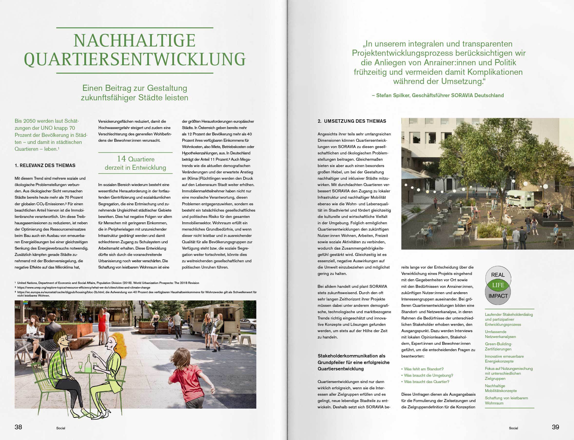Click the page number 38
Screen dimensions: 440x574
(18, 427)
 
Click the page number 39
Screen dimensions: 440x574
(555, 427)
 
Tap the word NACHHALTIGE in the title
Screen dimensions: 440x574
(134, 41)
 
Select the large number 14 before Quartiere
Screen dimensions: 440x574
(121, 159)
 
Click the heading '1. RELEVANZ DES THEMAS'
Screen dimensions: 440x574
(45, 166)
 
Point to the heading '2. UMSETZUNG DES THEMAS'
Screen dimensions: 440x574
(352, 121)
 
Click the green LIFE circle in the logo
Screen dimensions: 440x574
(498, 285)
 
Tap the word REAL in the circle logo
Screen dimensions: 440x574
(498, 275)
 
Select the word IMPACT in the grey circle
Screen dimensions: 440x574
(498, 296)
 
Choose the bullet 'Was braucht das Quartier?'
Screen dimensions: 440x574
(427, 382)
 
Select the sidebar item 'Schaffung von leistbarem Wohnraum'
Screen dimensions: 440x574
(506, 401)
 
